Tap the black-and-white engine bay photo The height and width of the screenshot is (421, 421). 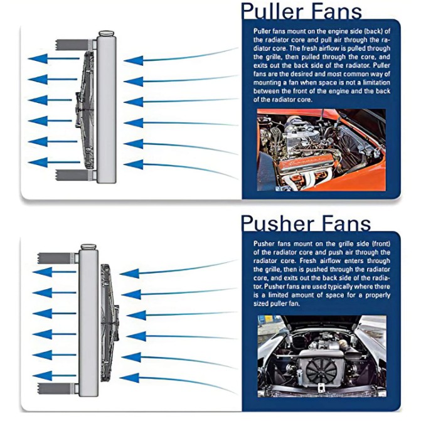pos(321,356)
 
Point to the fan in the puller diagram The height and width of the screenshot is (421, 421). pos(84,110)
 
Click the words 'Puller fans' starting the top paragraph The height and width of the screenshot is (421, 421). pos(270,31)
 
